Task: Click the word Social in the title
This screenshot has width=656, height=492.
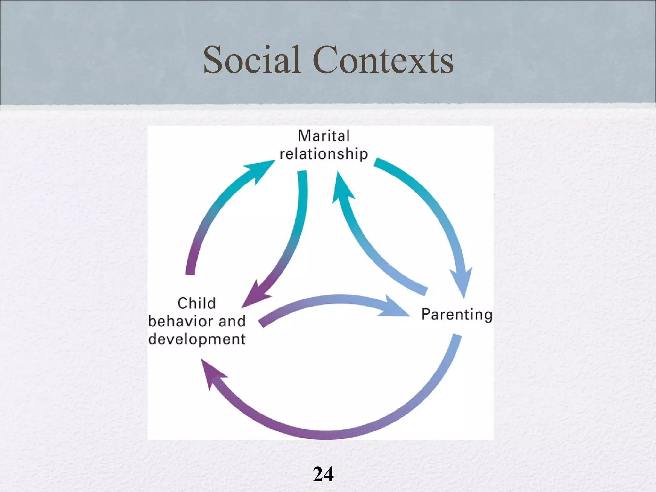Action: [252, 60]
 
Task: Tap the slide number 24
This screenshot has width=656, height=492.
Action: [323, 474]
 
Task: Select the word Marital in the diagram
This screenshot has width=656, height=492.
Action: [324, 136]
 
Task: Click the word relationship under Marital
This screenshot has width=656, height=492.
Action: [324, 154]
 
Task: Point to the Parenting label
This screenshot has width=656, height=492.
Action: [456, 314]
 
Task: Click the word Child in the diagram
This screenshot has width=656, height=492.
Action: [197, 303]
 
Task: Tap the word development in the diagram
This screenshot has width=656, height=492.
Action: [197, 339]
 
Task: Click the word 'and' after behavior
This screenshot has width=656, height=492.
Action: [232, 321]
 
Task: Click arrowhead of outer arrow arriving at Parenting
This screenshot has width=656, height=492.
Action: [462, 282]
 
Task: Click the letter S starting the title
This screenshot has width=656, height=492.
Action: [213, 60]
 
